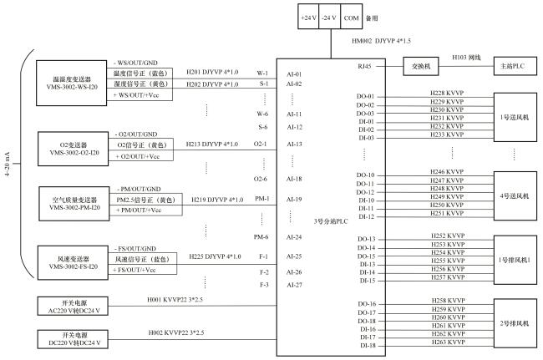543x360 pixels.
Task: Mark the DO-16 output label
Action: tap(366, 303)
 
